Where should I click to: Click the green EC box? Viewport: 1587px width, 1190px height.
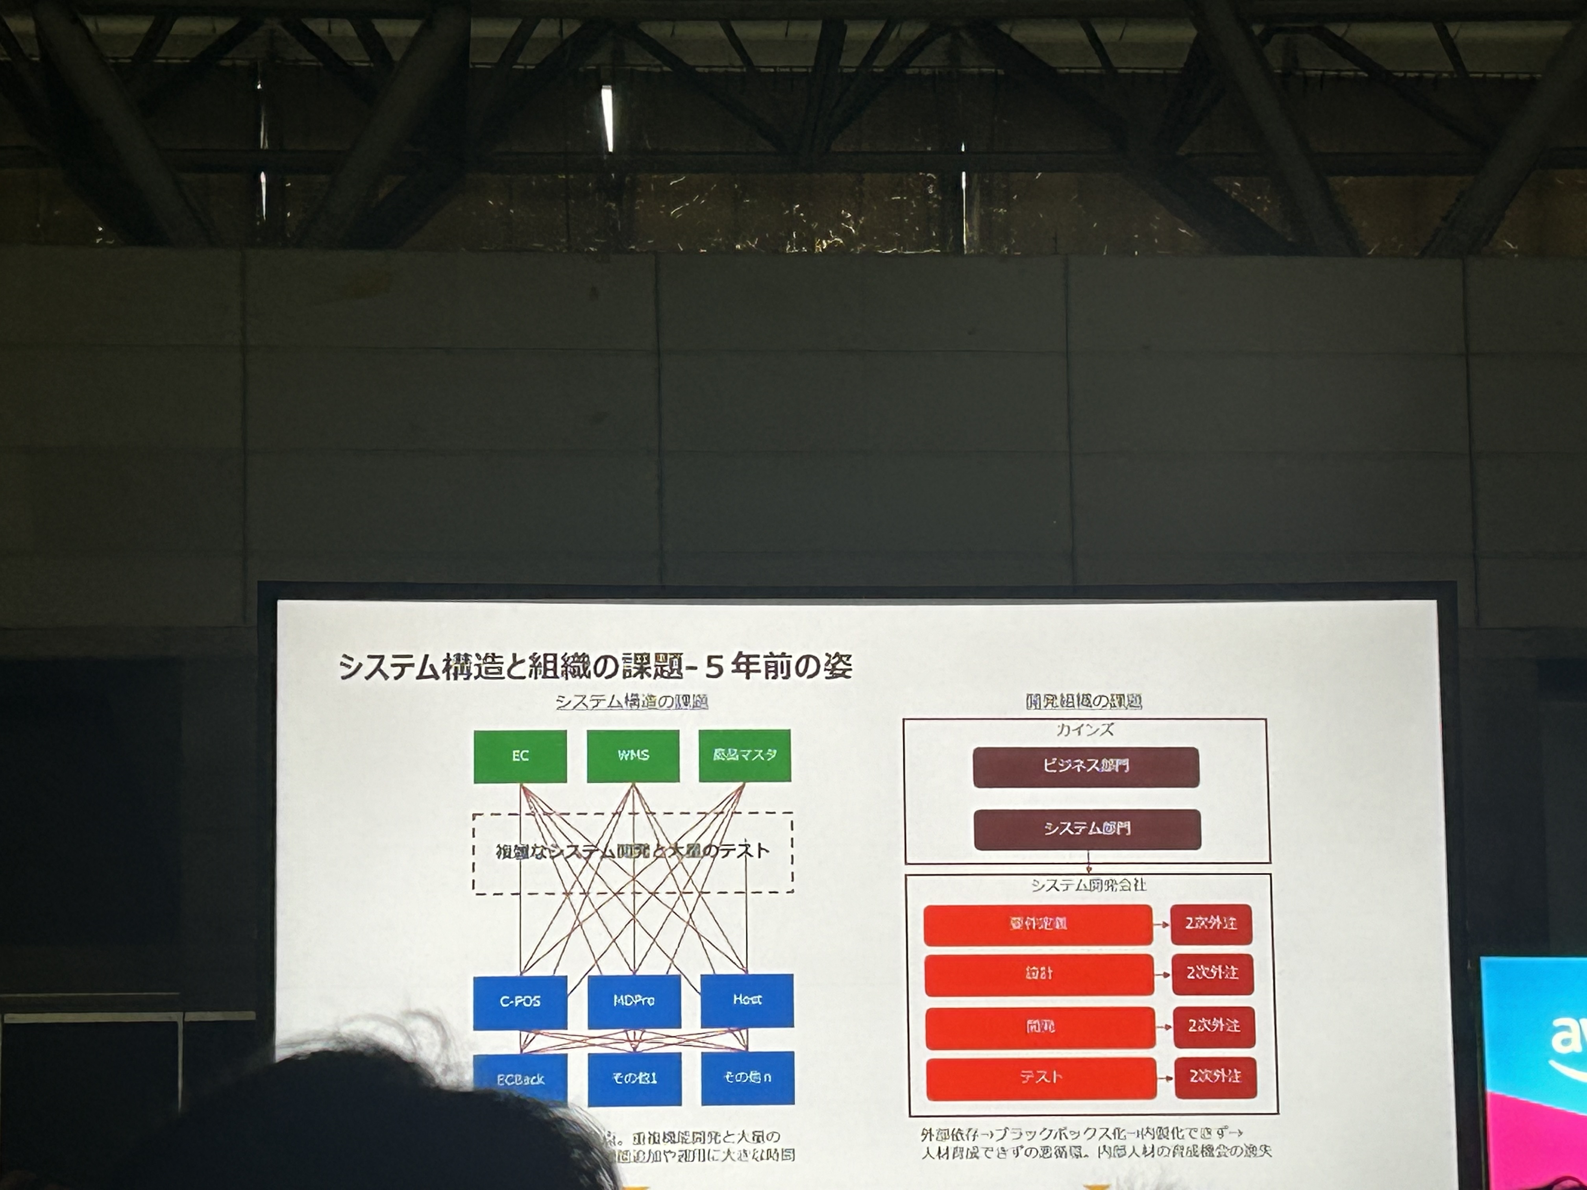click(520, 756)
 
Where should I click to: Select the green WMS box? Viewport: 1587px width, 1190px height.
click(633, 755)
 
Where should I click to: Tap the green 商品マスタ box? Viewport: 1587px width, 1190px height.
click(745, 755)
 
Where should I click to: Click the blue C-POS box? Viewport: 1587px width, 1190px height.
click(520, 1002)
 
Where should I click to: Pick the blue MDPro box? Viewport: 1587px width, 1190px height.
click(634, 1001)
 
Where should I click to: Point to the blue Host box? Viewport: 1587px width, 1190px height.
click(747, 1000)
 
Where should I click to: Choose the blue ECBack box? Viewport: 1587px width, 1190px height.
click(520, 1078)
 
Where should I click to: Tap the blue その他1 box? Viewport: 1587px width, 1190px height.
click(634, 1078)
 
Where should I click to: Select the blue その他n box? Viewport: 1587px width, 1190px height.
click(747, 1077)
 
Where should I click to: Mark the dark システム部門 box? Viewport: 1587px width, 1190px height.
click(1087, 829)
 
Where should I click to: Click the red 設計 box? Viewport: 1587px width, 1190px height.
click(1039, 974)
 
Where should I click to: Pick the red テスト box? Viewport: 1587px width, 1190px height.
click(1041, 1077)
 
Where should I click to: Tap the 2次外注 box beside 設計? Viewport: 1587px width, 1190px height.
click(1213, 974)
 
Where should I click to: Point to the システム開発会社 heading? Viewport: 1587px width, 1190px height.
click(1088, 885)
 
